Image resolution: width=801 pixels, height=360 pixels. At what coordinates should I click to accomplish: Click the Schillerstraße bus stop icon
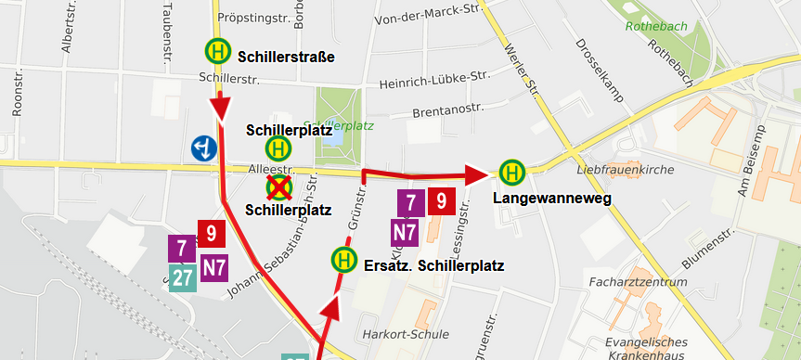[216, 51]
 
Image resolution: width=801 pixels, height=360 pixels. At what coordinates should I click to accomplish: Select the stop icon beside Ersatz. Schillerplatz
[343, 260]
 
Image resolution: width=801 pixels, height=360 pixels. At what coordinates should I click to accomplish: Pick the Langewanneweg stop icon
[510, 173]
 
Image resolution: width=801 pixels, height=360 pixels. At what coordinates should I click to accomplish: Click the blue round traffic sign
[204, 147]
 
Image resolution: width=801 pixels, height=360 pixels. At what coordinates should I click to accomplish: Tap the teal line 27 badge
[181, 276]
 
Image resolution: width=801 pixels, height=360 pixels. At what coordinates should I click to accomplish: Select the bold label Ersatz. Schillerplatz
[434, 266]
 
